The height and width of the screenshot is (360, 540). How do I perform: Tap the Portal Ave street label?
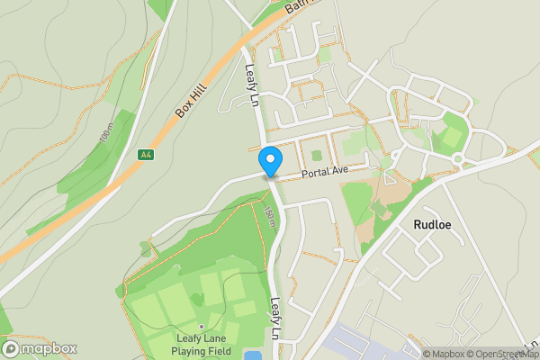324,171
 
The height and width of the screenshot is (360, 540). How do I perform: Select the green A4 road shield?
146,155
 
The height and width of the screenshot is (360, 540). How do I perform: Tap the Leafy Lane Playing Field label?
202,346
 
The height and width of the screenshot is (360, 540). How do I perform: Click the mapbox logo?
40,348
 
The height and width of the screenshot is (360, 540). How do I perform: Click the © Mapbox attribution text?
444,354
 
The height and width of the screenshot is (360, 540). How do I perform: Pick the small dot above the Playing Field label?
202,327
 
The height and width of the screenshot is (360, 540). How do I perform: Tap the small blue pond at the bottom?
253,355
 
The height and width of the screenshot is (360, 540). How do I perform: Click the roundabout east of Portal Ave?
456,159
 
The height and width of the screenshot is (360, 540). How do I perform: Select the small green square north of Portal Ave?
316,155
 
